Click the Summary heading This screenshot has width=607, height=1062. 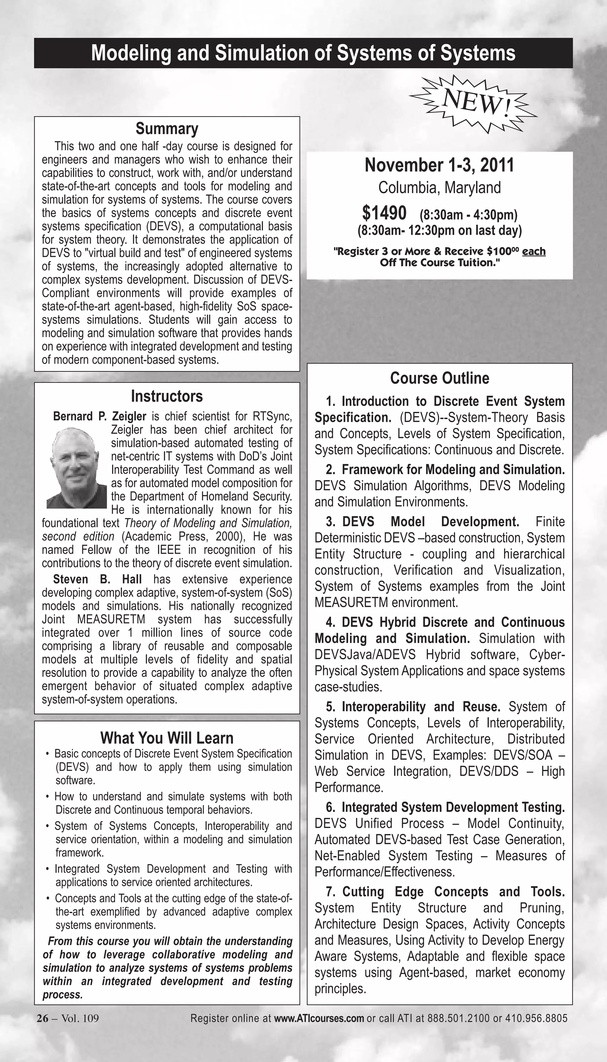tap(167, 129)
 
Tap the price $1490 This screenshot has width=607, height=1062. tap(384, 213)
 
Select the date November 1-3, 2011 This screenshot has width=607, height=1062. tap(440, 165)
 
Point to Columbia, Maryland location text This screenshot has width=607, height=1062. tap(440, 188)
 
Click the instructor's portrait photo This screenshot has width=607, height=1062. tap(77, 468)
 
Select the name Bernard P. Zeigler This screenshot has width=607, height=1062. tap(100, 416)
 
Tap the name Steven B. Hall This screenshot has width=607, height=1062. tap(97, 579)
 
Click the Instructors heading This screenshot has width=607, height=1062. tap(167, 396)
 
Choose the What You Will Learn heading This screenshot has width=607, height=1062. tap(167, 738)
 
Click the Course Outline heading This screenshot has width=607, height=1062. tap(440, 378)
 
